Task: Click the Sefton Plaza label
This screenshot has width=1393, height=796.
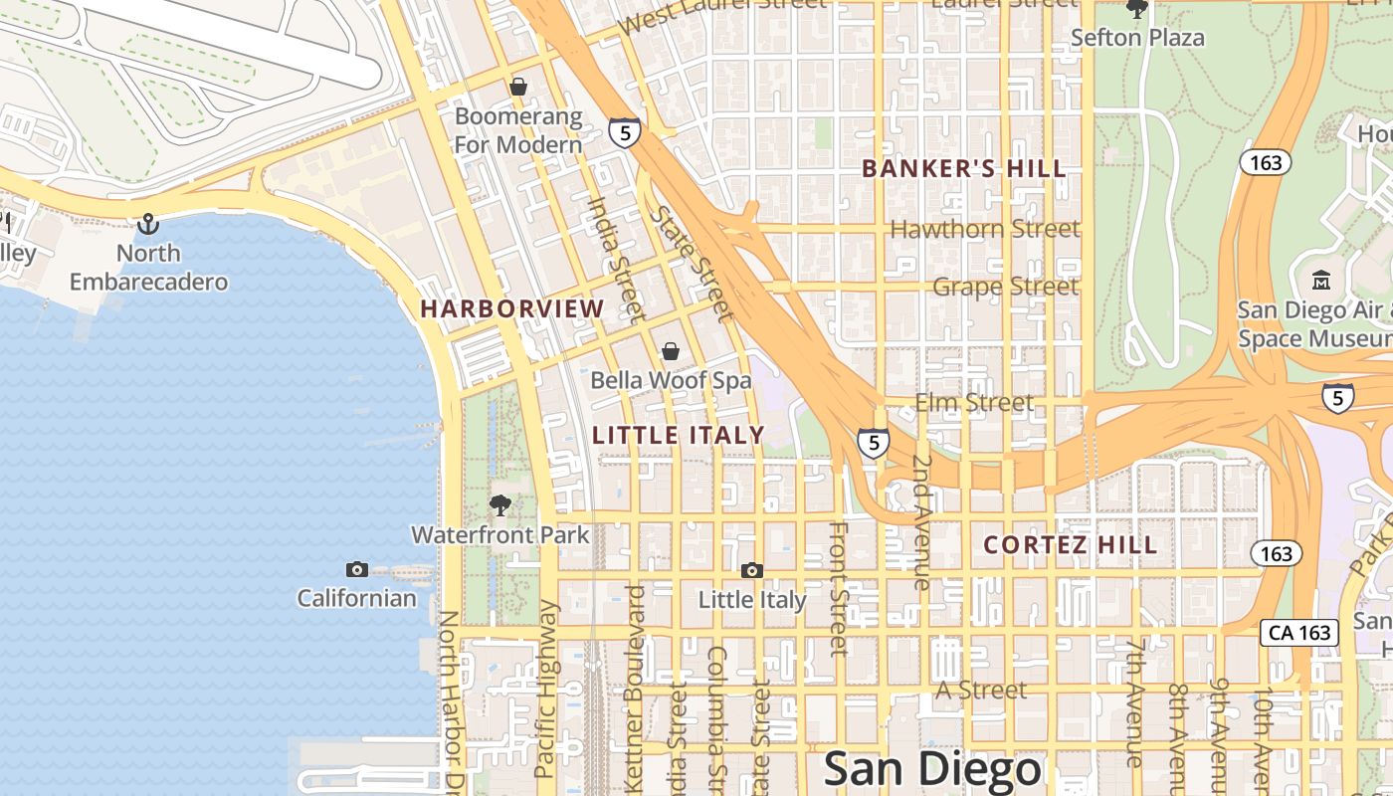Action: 1137,38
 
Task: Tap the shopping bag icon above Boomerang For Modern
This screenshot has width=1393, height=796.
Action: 517,87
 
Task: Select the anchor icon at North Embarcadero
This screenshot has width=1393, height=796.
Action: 148,224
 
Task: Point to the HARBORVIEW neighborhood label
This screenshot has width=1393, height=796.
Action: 511,308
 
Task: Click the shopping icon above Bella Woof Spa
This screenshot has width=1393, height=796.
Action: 671,351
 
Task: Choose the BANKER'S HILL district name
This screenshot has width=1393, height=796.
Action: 963,169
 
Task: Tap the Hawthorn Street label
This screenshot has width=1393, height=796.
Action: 984,229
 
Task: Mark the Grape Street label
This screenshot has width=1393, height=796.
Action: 1005,287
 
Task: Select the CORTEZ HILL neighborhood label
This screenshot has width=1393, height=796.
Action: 1071,545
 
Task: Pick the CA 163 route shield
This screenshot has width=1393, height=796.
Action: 1299,632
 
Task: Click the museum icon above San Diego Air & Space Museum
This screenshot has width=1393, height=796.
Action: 1321,281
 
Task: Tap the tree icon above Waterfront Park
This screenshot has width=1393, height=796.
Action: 500,505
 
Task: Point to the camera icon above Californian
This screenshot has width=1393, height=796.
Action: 356,569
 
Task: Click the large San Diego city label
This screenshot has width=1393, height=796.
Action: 932,769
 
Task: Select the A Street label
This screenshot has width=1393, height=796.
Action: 981,690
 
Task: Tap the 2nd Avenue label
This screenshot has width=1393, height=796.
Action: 922,522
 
